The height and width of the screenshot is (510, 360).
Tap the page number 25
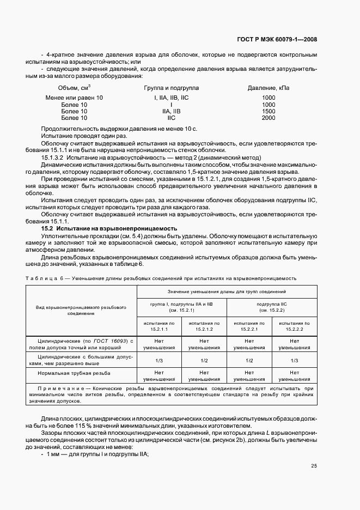point(314,465)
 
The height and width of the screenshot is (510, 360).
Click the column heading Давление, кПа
point(269,88)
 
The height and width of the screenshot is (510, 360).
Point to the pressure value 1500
point(269,111)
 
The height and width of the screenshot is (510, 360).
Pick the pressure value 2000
point(269,118)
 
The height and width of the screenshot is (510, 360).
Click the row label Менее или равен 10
point(74,98)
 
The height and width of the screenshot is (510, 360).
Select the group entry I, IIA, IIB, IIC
point(171,98)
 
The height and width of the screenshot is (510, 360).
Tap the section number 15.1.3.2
point(53,157)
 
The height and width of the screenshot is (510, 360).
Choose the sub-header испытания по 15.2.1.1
point(159,326)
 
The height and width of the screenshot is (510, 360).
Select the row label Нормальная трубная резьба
point(74,373)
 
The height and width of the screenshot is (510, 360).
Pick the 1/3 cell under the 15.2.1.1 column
point(159,361)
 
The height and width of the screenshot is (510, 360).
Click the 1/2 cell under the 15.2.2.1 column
point(249,361)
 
